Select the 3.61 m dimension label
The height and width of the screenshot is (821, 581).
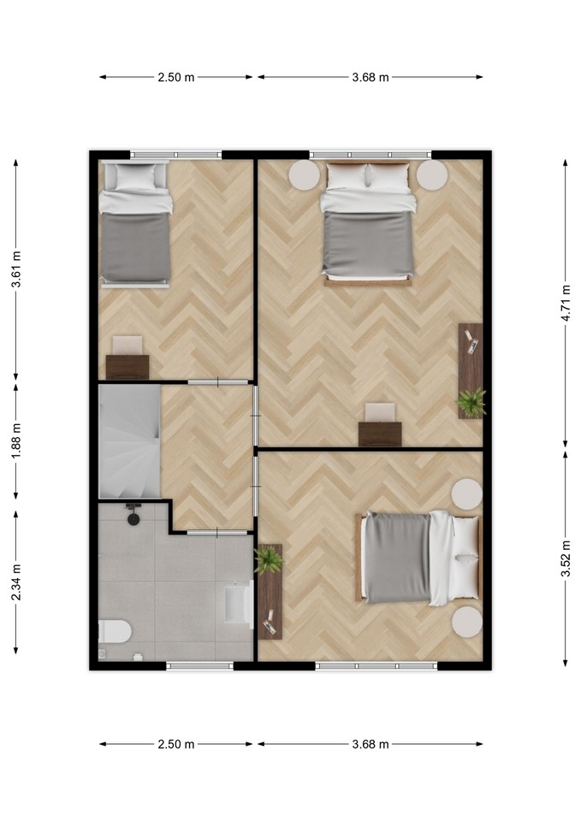click(16, 269)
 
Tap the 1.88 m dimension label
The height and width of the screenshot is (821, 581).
click(16, 440)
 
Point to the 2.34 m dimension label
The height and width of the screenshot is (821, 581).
click(16, 582)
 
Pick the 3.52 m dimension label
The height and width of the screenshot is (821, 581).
click(566, 558)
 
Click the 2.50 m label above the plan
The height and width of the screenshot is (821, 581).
click(176, 78)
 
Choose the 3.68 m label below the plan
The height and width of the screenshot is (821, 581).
click(371, 744)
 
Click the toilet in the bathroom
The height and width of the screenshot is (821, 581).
click(115, 631)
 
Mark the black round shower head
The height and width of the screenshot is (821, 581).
click(133, 519)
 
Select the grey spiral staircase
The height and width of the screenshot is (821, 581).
click(129, 441)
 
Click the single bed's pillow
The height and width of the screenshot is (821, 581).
click(135, 176)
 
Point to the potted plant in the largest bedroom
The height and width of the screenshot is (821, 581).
click(471, 402)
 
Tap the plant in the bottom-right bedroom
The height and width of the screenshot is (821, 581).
click(269, 559)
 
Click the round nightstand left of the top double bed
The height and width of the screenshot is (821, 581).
click(304, 174)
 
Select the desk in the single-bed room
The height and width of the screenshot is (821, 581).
click(127, 367)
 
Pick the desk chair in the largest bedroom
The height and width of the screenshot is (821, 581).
click(380, 412)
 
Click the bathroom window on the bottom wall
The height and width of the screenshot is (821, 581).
click(200, 665)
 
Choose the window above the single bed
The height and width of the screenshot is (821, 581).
click(176, 155)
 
